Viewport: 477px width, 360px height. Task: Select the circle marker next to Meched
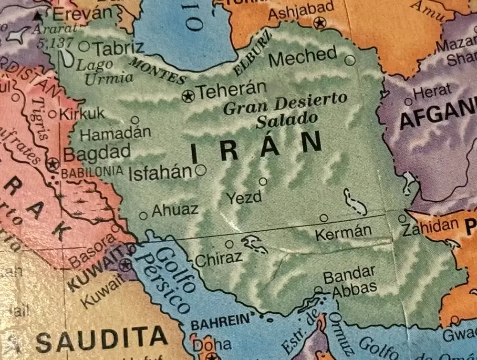(x=350, y=60)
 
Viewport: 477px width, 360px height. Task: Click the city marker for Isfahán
(x=201, y=169)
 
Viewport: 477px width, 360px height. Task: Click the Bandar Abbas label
(x=350, y=282)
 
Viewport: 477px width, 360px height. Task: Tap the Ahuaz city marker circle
(x=143, y=216)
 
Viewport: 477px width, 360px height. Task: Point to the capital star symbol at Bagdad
(x=52, y=165)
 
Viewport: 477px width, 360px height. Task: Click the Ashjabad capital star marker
(x=319, y=22)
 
